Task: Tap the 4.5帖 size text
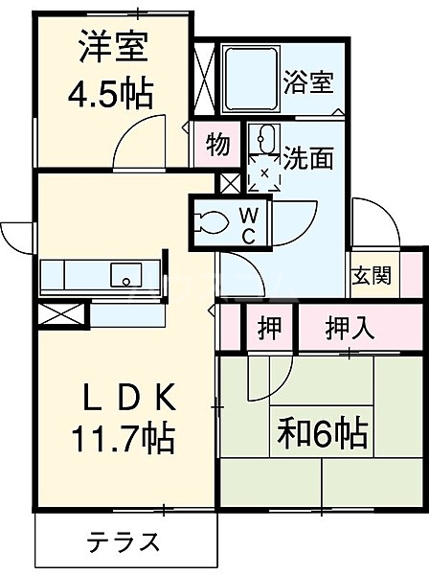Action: [x=110, y=93]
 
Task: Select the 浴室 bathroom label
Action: [x=308, y=82]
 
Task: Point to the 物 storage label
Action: [x=218, y=146]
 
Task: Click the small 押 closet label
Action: [x=269, y=327]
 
